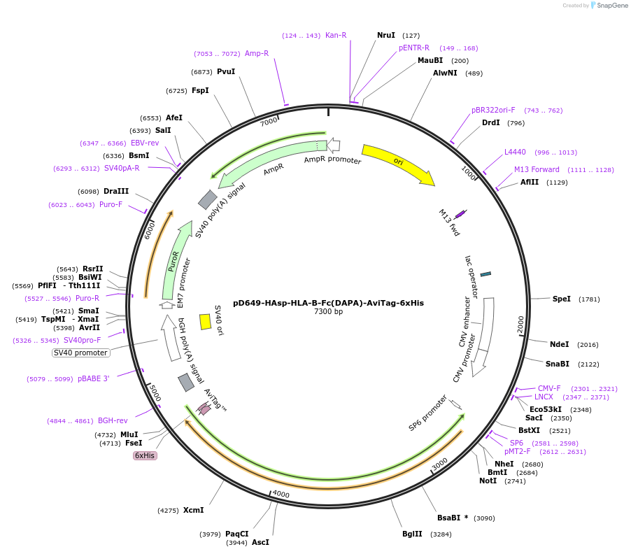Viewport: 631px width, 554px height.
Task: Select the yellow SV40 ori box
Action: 205,321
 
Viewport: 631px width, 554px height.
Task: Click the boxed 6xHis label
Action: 145,455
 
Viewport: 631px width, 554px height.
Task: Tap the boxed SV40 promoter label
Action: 80,353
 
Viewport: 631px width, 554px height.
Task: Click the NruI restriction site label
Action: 385,35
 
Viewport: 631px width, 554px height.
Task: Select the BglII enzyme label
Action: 412,534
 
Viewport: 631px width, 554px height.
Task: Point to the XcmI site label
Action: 193,510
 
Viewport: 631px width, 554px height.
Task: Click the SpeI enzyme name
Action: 561,299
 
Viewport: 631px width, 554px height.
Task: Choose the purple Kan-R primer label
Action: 336,35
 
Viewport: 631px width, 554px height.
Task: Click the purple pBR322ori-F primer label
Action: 493,110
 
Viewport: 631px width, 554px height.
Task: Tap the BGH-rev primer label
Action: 113,420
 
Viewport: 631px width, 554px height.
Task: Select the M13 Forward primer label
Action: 537,169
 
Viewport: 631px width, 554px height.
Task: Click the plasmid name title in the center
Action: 328,303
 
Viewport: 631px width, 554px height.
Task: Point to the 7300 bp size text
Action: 328,312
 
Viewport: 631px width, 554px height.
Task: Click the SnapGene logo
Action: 608,6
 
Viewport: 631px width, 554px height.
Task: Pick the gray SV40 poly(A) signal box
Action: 208,200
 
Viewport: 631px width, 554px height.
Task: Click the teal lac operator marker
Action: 485,274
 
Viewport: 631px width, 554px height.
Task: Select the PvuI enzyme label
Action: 225,71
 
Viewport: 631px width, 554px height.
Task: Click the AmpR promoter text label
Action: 332,160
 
